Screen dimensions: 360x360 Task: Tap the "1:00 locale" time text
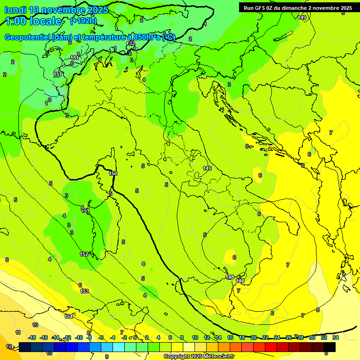coord(33,21)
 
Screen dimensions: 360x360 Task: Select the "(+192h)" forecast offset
coord(83,21)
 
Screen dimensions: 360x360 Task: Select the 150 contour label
coord(112,173)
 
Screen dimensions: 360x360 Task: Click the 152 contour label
coord(84,254)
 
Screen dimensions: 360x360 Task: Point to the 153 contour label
coord(84,291)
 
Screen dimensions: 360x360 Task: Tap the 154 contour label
coord(68,316)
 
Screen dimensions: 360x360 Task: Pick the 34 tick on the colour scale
coord(336,337)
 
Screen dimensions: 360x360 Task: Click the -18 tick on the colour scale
coord(32,337)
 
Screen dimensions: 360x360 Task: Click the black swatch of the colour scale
coord(330,347)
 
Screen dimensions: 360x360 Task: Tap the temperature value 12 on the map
coord(9,346)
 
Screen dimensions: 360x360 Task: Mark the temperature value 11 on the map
coord(18,332)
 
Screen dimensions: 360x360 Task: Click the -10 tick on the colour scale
coord(79,337)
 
